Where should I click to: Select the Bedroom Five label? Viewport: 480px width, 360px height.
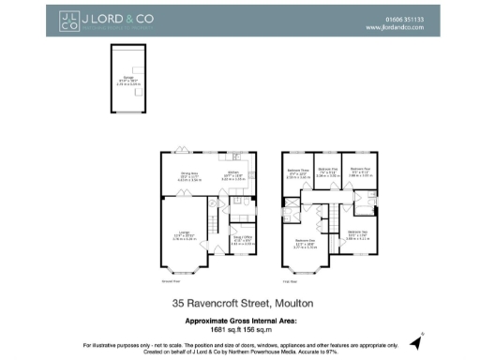pos(327,172)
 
